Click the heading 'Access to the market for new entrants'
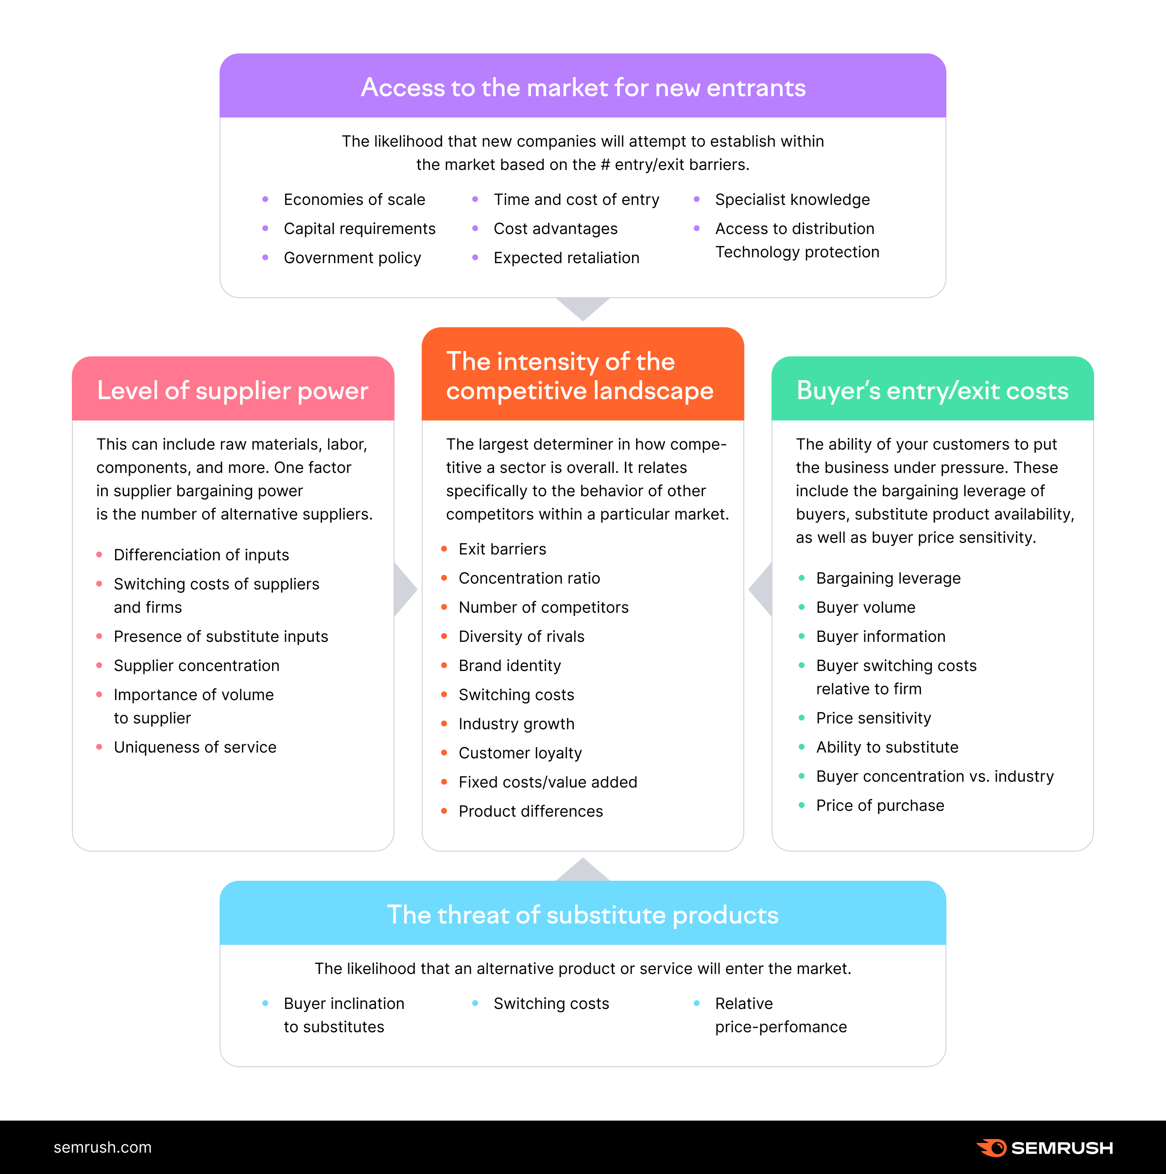pyautogui.click(x=583, y=87)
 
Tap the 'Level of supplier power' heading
pyautogui.click(x=233, y=391)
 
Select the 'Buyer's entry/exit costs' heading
pyautogui.click(x=932, y=391)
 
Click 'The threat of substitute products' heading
pyautogui.click(x=583, y=915)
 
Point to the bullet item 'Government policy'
pyautogui.click(x=352, y=258)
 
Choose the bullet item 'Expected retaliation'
pyautogui.click(x=566, y=258)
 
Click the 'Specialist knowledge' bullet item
pyautogui.click(x=792, y=200)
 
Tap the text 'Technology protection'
pyautogui.click(x=797, y=252)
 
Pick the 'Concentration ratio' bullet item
pyautogui.click(x=529, y=578)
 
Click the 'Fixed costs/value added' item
pyautogui.click(x=548, y=782)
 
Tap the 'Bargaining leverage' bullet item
pyautogui.click(x=888, y=578)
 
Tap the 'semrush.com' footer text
pyautogui.click(x=103, y=1147)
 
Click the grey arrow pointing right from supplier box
pyautogui.click(x=404, y=589)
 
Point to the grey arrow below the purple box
pyautogui.click(x=583, y=307)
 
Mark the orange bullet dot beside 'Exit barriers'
pyautogui.click(x=445, y=549)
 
